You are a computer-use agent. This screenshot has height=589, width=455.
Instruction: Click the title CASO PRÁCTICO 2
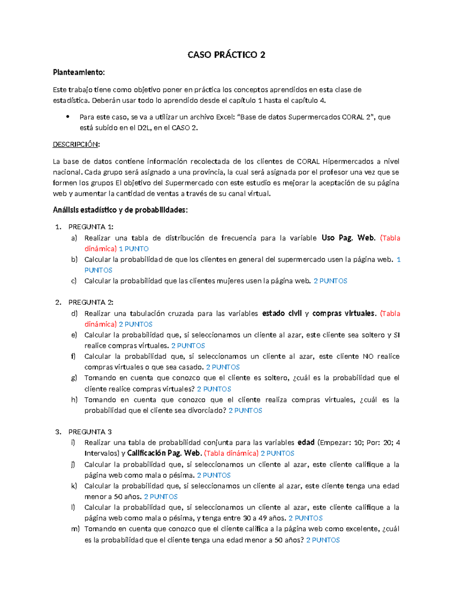pyautogui.click(x=226, y=55)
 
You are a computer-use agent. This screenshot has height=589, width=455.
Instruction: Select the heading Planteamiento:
pyautogui.click(x=78, y=72)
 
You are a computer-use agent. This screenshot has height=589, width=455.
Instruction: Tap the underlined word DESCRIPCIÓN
pyautogui.click(x=75, y=145)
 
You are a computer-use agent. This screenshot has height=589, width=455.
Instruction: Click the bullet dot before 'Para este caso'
pyautogui.click(x=67, y=117)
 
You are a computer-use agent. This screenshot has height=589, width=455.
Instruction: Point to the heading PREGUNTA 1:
pyautogui.click(x=91, y=227)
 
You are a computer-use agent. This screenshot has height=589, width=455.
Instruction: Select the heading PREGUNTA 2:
pyautogui.click(x=91, y=302)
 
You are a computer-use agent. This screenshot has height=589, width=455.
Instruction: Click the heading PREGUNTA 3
pyautogui.click(x=90, y=432)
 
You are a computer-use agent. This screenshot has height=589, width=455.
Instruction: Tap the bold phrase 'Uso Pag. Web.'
pyautogui.click(x=348, y=238)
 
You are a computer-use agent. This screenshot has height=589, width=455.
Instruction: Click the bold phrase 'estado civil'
pyautogui.click(x=282, y=313)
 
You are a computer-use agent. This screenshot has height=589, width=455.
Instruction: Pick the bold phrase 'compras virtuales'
pyautogui.click(x=344, y=313)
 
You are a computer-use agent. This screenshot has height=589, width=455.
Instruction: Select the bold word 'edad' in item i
pyautogui.click(x=306, y=442)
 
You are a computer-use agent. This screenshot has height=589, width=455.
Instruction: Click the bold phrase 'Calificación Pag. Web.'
pyautogui.click(x=164, y=453)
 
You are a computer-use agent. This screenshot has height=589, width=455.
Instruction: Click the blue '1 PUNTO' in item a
pyautogui.click(x=133, y=249)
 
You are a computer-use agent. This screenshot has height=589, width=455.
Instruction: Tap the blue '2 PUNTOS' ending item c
pyautogui.click(x=330, y=281)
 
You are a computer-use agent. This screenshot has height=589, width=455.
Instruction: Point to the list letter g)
pyautogui.click(x=74, y=378)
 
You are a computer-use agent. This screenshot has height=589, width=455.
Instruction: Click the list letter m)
pyautogui.click(x=75, y=529)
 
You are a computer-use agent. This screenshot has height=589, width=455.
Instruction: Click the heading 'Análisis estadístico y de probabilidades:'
pyautogui.click(x=120, y=210)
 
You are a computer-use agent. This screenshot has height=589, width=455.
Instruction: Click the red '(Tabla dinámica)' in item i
pyautogui.click(x=231, y=453)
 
